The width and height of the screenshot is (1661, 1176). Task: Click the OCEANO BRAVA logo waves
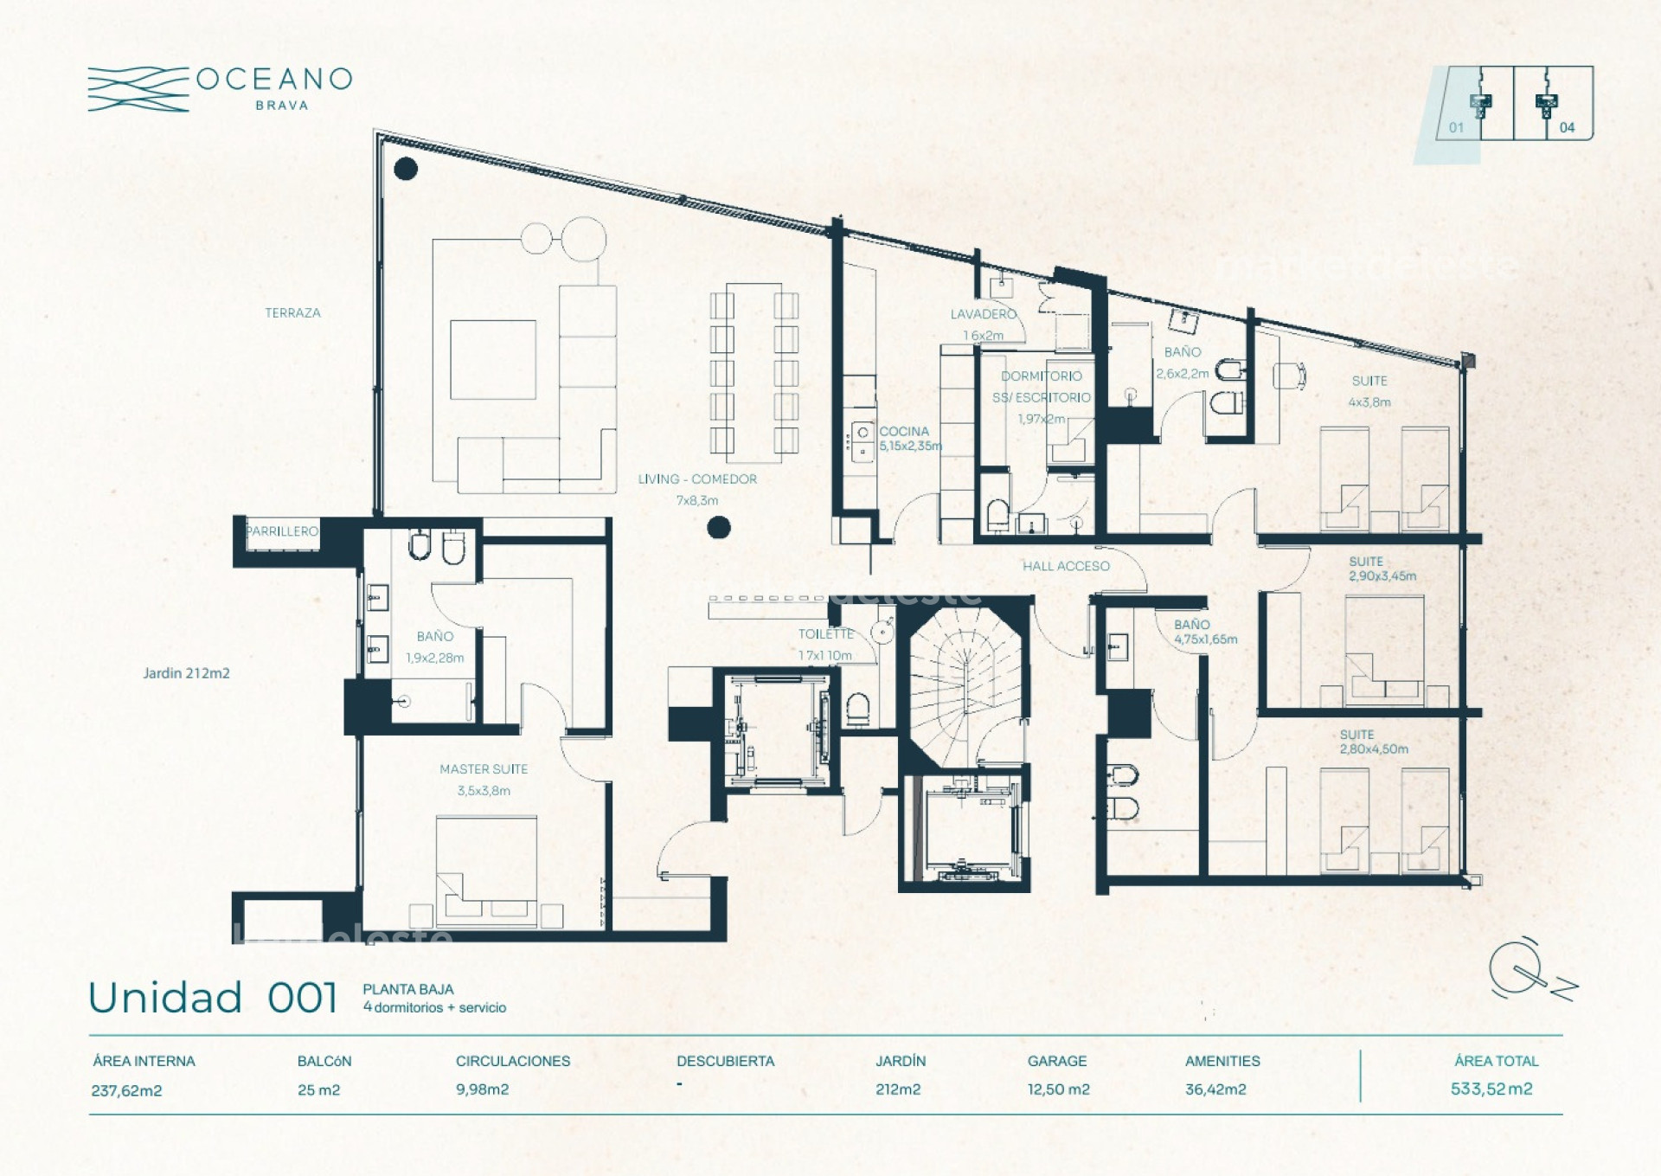click(138, 89)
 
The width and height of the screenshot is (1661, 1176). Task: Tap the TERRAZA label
click(292, 312)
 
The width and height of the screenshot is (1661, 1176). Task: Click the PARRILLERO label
click(282, 531)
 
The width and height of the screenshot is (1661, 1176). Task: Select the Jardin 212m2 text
click(186, 672)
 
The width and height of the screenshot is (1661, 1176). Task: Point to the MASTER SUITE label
click(483, 768)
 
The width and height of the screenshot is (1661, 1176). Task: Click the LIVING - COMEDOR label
click(697, 479)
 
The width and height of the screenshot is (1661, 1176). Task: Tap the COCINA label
click(904, 431)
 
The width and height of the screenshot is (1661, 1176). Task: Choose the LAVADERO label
click(983, 314)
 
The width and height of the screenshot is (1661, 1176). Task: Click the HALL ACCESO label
click(1066, 566)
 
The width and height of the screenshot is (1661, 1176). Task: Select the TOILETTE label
click(825, 633)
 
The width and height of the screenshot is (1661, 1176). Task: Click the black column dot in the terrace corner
click(406, 169)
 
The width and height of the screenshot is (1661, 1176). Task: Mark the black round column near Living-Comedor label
click(718, 527)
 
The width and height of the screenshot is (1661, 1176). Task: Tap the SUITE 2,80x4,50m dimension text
click(1374, 749)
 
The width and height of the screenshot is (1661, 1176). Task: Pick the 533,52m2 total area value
click(1491, 1089)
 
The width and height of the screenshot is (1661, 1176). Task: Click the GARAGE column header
click(1056, 1061)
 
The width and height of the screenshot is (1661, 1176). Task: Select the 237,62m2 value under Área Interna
click(126, 1090)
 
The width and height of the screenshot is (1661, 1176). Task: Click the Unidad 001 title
click(213, 998)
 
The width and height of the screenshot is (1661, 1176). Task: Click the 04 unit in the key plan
click(1566, 127)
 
